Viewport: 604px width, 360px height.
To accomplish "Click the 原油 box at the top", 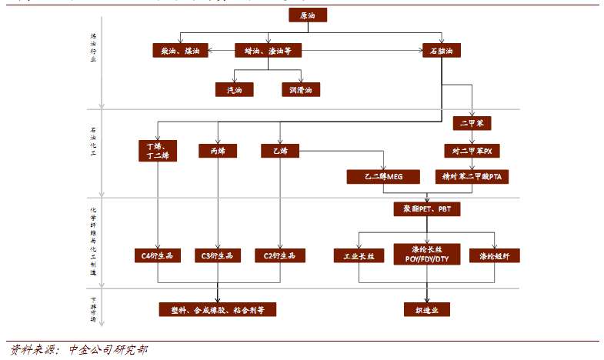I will [x=308, y=15].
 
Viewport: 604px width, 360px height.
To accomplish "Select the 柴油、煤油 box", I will [x=180, y=51].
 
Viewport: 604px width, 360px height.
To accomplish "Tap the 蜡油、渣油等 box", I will [x=268, y=51].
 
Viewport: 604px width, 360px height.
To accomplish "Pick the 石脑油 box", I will [x=442, y=51].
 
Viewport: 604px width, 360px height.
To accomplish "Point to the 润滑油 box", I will [x=301, y=89].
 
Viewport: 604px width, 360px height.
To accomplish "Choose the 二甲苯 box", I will [x=471, y=122].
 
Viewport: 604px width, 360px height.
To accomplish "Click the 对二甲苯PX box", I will [x=472, y=150].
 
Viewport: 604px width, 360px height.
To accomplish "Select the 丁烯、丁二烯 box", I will [x=158, y=150].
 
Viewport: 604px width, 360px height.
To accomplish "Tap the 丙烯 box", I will [x=217, y=151].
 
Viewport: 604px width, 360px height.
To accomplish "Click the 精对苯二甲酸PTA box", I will [x=472, y=176].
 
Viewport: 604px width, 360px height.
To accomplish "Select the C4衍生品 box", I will [x=158, y=255].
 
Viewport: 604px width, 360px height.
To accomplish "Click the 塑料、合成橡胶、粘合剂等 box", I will [x=218, y=309].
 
